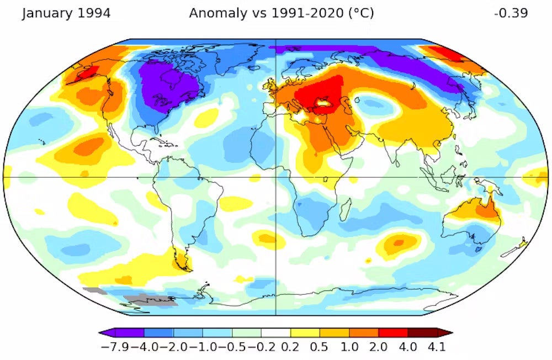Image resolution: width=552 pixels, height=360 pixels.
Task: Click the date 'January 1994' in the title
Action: coord(66,13)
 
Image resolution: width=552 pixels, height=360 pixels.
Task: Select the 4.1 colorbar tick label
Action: coord(436,347)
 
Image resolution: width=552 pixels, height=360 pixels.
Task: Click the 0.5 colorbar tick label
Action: coord(320,347)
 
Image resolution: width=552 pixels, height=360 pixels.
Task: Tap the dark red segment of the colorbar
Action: coord(422,333)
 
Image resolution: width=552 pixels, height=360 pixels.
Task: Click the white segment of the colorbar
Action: coord(276,333)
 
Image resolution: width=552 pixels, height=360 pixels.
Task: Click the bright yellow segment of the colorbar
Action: coord(305,333)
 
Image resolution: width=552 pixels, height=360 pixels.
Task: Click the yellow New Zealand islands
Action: coord(522,243)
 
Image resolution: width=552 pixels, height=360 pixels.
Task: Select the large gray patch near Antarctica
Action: coord(149,300)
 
